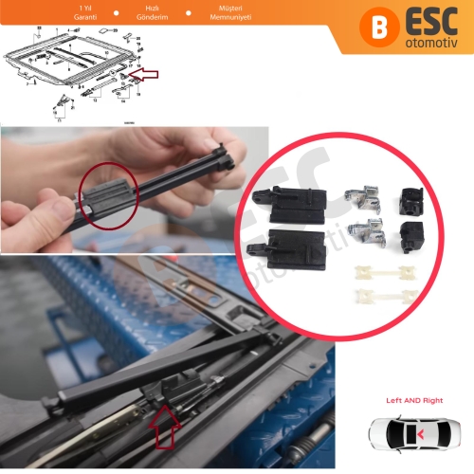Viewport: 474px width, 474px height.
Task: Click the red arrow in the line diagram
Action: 147,73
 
